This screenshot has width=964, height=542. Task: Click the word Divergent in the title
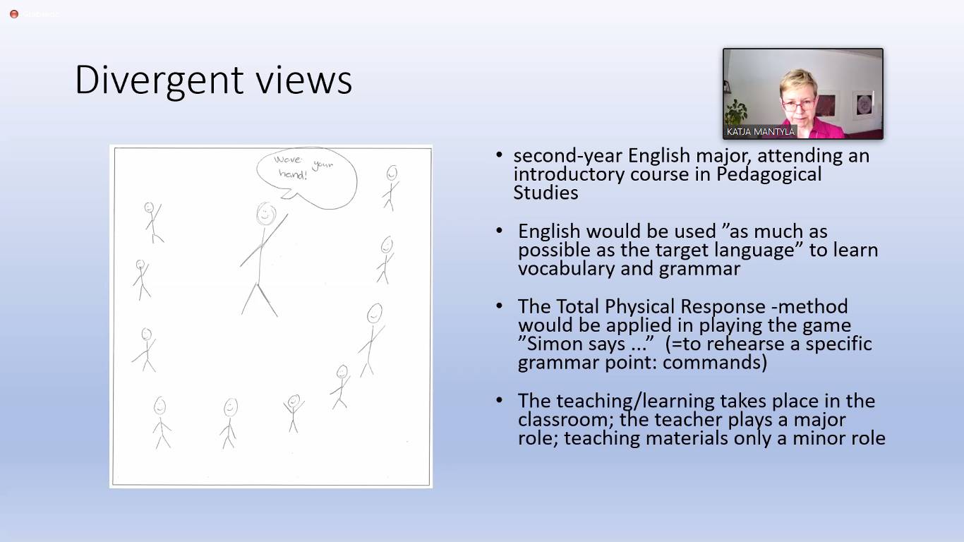point(159,80)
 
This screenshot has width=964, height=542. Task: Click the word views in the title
point(304,80)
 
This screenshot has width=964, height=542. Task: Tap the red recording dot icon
point(14,14)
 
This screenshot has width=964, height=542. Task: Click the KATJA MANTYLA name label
point(761,132)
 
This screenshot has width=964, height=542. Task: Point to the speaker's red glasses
point(798,104)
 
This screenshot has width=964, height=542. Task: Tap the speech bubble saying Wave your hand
point(307,177)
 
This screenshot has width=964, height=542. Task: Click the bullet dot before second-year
point(499,155)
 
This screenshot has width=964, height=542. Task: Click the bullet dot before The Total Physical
point(499,306)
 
